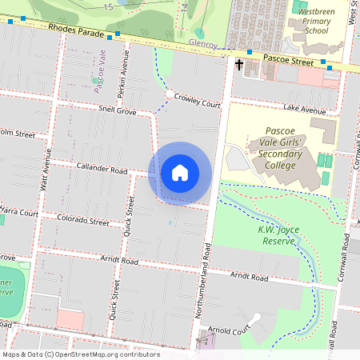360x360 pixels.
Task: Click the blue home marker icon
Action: click(x=180, y=173)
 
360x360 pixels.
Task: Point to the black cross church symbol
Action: click(x=239, y=64)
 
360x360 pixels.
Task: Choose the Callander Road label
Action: click(x=102, y=170)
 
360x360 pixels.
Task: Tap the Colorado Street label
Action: click(x=87, y=220)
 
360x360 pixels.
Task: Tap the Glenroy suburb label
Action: click(x=203, y=45)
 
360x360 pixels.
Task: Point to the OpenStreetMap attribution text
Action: click(x=80, y=354)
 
